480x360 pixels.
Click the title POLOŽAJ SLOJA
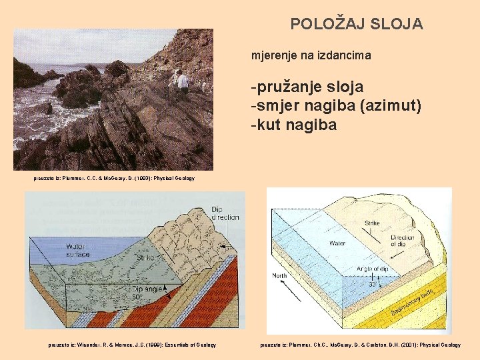click(356, 24)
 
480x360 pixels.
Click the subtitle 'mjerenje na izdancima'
click(311, 56)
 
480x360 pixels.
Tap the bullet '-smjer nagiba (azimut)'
click(336, 105)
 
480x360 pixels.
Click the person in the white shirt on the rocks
click(182, 81)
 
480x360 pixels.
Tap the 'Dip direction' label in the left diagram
click(225, 213)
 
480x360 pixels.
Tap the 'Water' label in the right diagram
click(337, 244)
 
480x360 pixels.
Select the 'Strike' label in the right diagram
click(372, 224)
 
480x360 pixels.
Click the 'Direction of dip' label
click(402, 241)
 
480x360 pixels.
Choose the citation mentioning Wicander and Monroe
click(132, 345)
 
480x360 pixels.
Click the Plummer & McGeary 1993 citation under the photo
click(114, 178)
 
